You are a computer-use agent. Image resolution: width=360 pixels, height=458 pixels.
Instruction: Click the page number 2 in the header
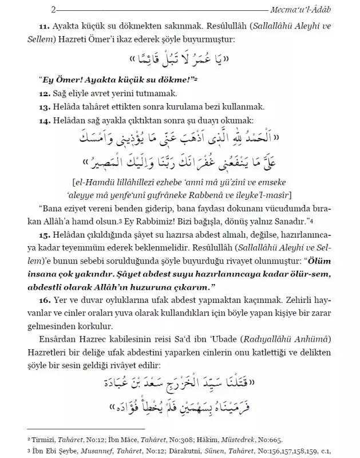coord(21,10)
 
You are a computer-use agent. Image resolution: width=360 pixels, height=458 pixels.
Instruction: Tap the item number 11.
coord(45,26)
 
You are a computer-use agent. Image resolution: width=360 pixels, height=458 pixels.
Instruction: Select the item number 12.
coord(45,93)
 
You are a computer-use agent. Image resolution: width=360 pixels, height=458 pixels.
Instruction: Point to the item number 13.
coord(45,106)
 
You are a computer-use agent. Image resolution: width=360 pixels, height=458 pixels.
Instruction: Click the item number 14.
coord(45,120)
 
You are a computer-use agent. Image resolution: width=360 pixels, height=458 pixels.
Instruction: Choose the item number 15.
coord(45,235)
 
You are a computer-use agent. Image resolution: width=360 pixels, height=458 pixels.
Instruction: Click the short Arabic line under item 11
coord(181,60)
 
